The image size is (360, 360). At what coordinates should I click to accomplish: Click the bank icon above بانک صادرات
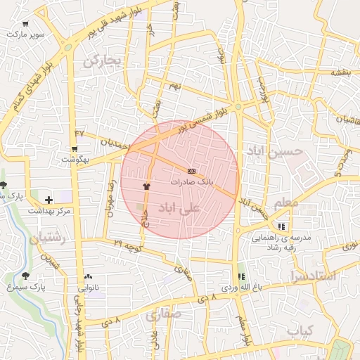pos(191,171)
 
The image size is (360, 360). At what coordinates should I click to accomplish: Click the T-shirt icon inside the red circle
pos(146,186)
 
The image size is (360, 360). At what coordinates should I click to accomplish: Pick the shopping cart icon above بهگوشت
pos(74,149)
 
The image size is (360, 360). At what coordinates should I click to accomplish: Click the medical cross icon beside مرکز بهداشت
pos(48,200)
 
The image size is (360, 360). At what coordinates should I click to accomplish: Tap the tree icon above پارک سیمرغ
pos(26,276)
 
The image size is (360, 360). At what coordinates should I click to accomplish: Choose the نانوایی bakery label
pos(88,287)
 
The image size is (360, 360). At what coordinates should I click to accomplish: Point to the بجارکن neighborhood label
pos(103,62)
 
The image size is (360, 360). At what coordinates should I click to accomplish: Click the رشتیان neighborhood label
pos(47,239)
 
